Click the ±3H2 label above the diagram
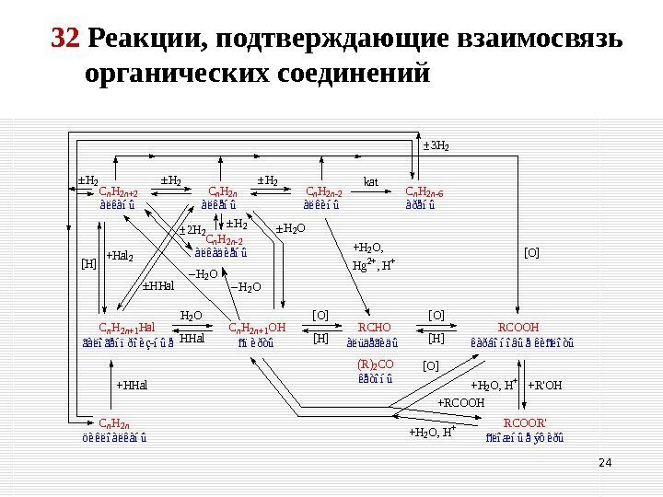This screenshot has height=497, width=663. [x=435, y=145]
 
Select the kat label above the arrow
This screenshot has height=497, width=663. [x=372, y=180]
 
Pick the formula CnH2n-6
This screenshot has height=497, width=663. [x=424, y=193]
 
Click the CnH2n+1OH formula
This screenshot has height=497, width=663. [x=257, y=327]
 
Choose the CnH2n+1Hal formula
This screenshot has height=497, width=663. [x=126, y=327]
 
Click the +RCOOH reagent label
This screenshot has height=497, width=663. [x=459, y=402]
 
